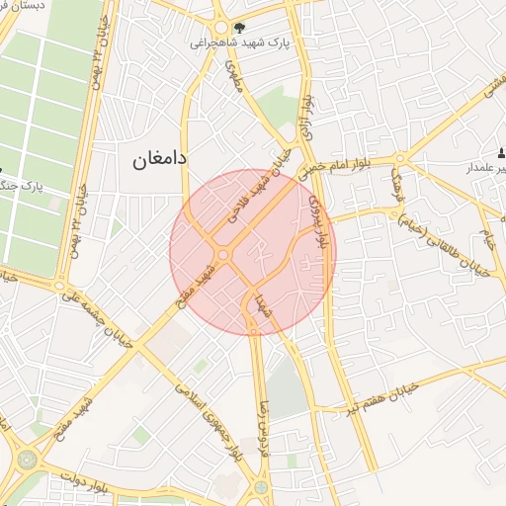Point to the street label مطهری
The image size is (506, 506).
234,75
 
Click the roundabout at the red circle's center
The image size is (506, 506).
224,255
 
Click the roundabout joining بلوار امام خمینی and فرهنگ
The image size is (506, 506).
401,159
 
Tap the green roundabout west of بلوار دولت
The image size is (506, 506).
27,460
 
